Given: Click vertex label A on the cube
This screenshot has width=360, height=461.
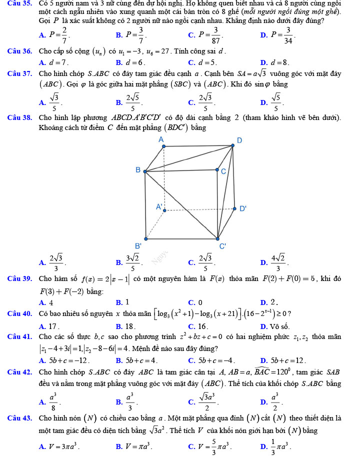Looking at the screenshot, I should (160, 139).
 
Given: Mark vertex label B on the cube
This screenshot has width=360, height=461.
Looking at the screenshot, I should (138, 170).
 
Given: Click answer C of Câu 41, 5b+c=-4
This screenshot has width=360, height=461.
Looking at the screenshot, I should (210, 360).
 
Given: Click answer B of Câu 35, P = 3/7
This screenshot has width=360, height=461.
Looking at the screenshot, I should (131, 35).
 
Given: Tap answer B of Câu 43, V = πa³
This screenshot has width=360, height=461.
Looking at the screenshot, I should (133, 444).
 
